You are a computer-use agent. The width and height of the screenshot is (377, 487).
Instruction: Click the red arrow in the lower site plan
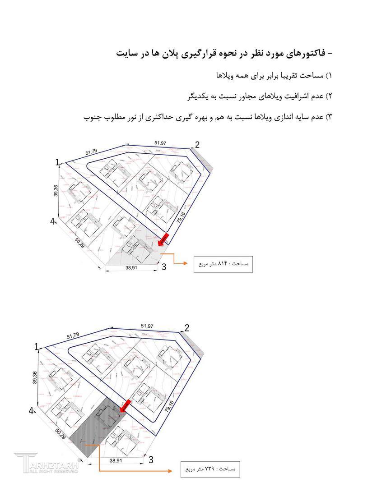[x=125, y=405]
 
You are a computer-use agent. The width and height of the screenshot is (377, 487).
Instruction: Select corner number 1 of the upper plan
[x=57, y=162]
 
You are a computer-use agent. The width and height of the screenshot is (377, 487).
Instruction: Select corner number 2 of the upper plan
[x=197, y=145]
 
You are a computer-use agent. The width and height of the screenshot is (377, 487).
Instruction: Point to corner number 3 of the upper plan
[x=163, y=267]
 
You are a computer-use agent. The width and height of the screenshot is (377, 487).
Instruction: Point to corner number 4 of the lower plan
[x=32, y=411]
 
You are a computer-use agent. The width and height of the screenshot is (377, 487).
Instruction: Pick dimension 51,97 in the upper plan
[x=160, y=143]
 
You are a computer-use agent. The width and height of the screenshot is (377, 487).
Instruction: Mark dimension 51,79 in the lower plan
[x=73, y=336]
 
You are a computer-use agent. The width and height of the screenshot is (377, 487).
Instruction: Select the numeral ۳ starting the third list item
[x=329, y=117]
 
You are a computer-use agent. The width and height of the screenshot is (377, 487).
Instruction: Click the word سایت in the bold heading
[x=126, y=53]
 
